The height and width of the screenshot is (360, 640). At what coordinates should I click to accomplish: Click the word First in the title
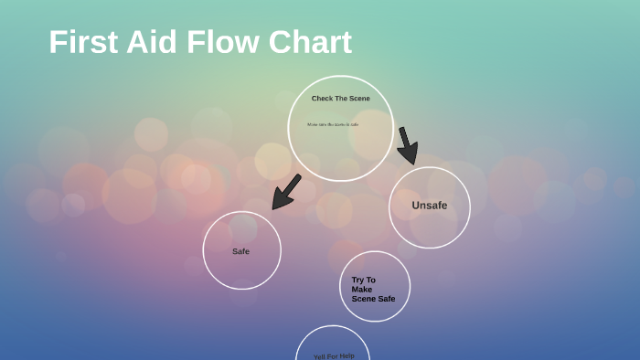coord(80,43)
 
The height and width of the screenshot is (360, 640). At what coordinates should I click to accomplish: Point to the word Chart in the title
coord(312,43)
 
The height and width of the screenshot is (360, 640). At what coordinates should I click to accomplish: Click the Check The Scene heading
coord(340,99)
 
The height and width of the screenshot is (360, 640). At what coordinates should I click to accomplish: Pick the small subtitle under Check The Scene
coord(333,124)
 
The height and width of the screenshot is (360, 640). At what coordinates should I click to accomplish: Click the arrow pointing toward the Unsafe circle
coord(407,145)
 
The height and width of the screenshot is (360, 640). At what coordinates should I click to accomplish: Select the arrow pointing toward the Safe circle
coord(287,191)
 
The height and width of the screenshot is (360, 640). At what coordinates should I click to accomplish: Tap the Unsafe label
coord(429,206)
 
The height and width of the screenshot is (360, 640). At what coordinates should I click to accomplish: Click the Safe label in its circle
coord(240,251)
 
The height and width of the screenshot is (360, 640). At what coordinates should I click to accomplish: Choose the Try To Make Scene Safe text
coord(372,290)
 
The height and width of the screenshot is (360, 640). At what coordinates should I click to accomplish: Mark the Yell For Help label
coord(334,355)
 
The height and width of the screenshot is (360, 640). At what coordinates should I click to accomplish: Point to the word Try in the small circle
coord(357,281)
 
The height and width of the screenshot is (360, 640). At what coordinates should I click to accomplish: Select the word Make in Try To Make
coord(362,290)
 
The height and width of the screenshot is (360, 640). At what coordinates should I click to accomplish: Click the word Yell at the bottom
coord(320,356)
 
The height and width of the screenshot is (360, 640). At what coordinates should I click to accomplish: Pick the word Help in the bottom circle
coord(346,355)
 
